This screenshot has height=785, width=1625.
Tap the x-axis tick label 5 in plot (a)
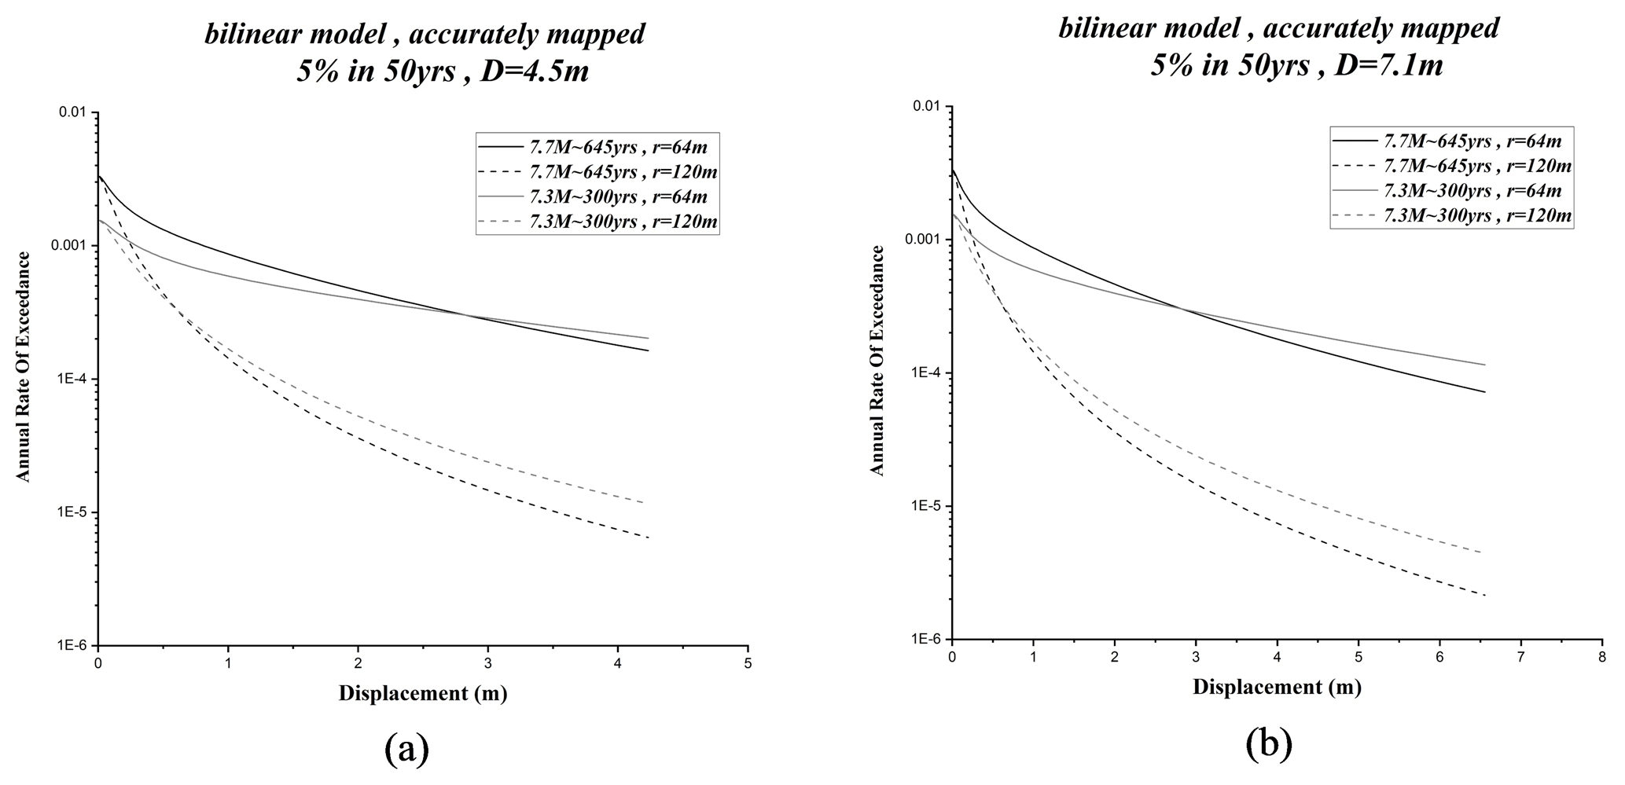[x=748, y=663]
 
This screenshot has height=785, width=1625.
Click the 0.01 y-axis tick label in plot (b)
[x=928, y=106]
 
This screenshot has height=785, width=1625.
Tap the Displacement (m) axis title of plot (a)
[x=423, y=693]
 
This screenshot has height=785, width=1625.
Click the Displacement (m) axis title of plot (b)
[x=1277, y=686]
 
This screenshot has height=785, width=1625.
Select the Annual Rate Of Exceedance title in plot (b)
[x=877, y=361]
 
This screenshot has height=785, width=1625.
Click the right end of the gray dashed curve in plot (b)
[x=1484, y=553]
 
